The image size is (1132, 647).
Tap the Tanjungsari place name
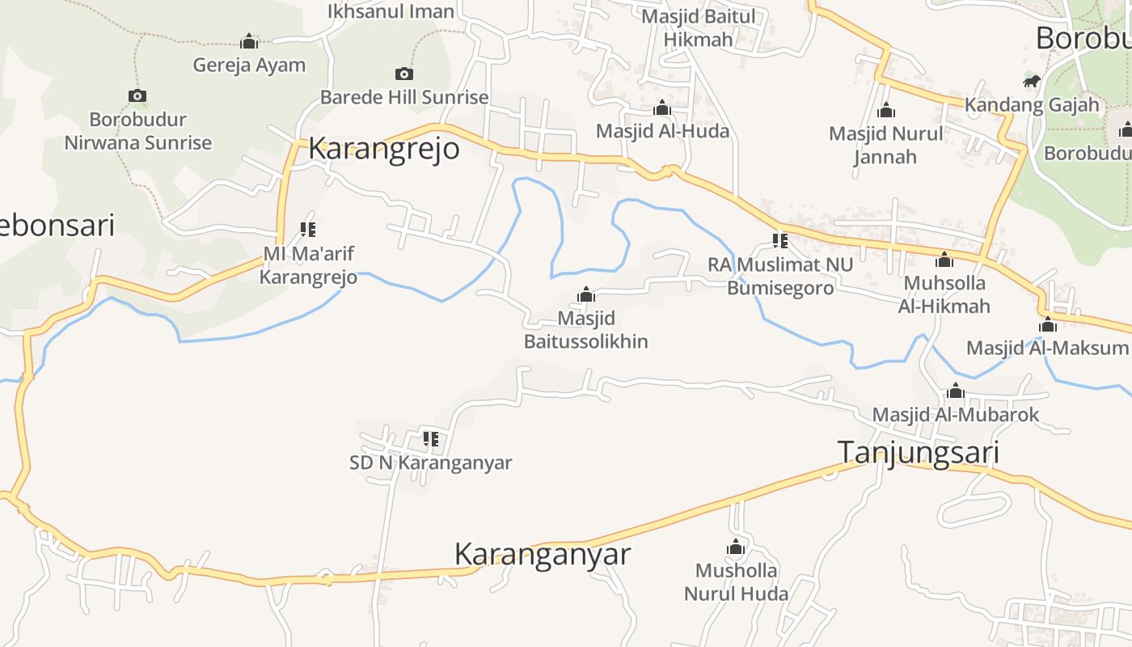(918, 452)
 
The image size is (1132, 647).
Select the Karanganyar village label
(542, 555)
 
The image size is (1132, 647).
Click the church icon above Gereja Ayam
(249, 41)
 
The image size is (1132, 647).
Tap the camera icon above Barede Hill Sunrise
(404, 74)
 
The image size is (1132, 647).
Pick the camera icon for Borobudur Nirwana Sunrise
(137, 96)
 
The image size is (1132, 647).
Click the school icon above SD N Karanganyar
(431, 439)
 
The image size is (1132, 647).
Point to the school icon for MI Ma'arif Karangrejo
(308, 230)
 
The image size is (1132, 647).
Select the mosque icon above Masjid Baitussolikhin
(586, 294)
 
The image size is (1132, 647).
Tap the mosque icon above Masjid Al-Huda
(662, 108)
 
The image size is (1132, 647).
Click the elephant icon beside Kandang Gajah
(1031, 81)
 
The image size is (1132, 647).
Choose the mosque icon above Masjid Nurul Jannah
(886, 110)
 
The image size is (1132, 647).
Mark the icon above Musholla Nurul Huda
(736, 548)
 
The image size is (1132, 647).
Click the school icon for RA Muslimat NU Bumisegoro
(780, 240)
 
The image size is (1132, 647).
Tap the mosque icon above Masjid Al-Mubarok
(956, 391)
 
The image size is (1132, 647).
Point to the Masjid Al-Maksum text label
(1047, 349)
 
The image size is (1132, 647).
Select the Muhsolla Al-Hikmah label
(944, 294)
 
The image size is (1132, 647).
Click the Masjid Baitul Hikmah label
(698, 27)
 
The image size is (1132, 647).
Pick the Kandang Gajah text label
(1032, 104)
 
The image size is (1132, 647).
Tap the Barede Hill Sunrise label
(404, 98)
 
